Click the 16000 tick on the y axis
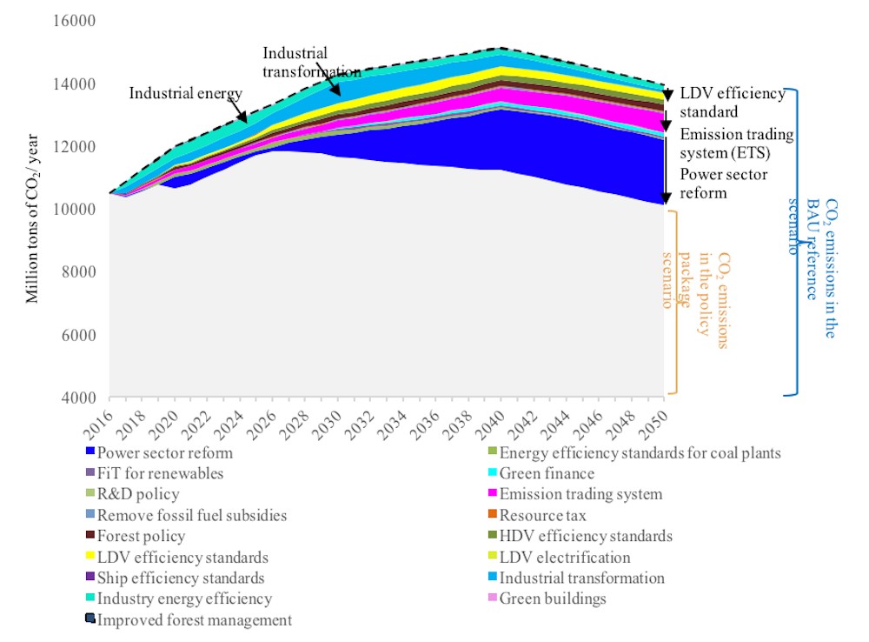point(76,22)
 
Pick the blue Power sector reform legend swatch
point(90,453)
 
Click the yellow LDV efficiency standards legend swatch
point(90,558)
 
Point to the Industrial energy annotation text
point(185,93)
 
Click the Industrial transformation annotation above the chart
point(311,62)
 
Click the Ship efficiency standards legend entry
point(181,578)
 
